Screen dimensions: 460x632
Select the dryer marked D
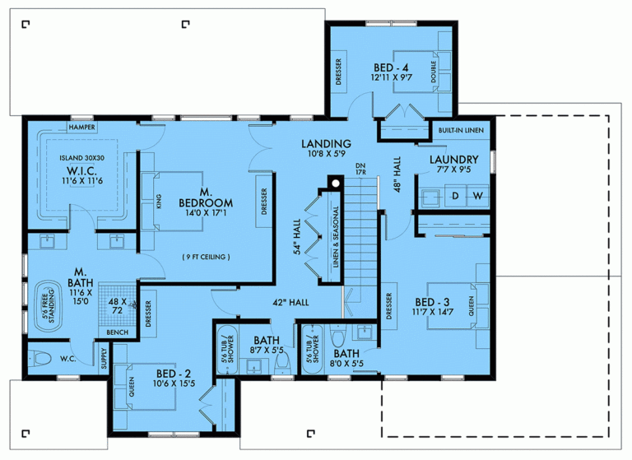click(x=453, y=197)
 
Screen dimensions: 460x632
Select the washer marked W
click(x=478, y=197)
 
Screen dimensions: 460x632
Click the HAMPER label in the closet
click(x=82, y=128)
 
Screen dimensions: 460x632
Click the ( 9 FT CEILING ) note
click(x=206, y=257)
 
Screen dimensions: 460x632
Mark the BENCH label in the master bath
click(x=118, y=332)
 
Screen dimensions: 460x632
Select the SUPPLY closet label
click(x=104, y=360)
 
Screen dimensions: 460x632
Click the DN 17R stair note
click(x=360, y=170)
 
